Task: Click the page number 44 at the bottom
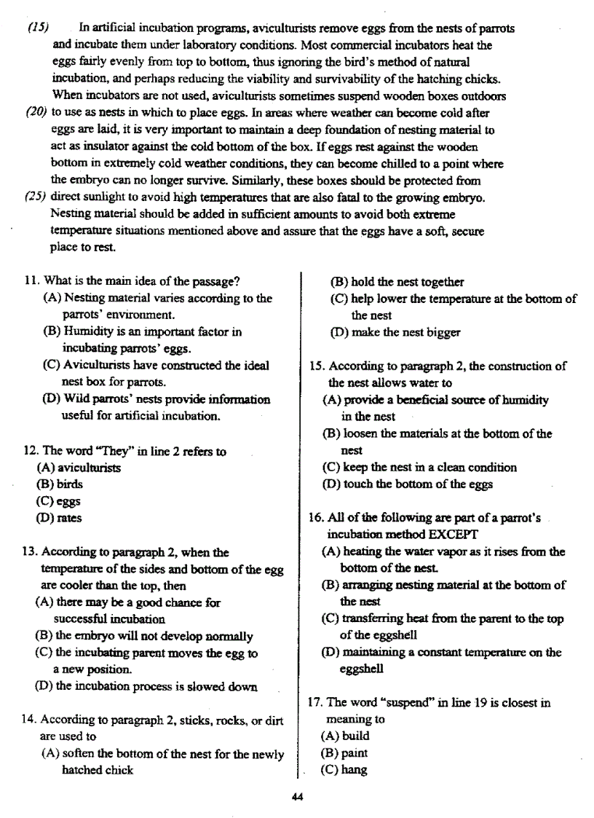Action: click(296, 796)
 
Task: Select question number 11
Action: click(30, 281)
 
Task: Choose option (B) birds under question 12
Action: click(59, 484)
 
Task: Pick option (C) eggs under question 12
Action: click(58, 501)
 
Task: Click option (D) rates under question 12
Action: click(58, 518)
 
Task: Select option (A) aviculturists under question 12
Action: click(79, 468)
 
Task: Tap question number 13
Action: click(30, 552)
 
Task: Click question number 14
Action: click(30, 719)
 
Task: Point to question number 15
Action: click(315, 366)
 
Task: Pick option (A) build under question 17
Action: click(345, 736)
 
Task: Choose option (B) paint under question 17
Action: click(344, 753)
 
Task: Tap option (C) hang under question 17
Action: click(344, 770)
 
